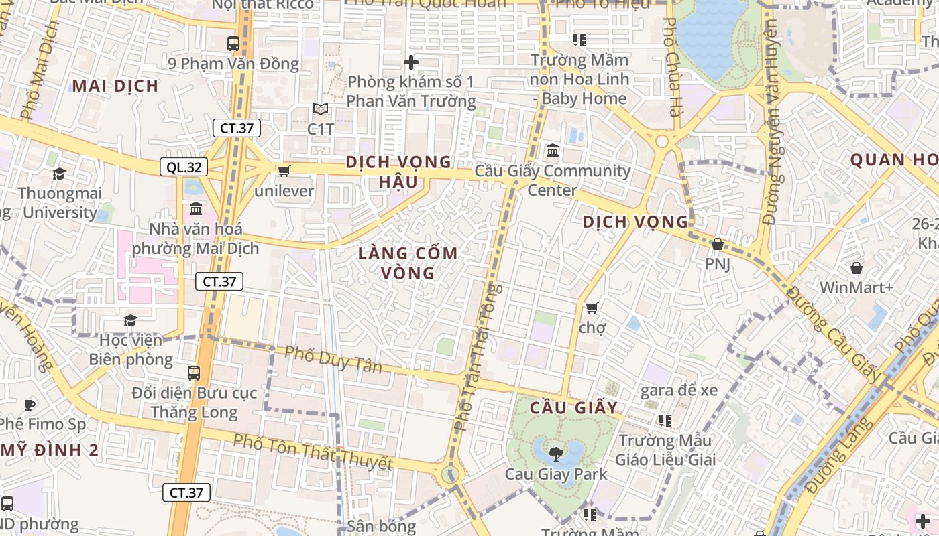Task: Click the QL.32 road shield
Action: [183, 167]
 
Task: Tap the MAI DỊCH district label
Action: [115, 86]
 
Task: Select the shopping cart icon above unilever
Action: [284, 172]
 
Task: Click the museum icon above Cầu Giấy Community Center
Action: [552, 151]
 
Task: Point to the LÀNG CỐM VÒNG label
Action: [408, 263]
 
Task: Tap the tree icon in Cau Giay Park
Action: [556, 454]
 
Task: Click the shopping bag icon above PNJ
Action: [718, 245]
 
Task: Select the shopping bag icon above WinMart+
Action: [857, 269]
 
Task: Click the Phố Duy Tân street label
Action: [333, 360]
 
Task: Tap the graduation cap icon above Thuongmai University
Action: [60, 174]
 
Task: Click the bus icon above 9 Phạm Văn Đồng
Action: [233, 44]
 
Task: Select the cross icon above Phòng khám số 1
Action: [411, 63]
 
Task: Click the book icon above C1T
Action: [321, 109]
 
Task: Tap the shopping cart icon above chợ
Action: [592, 308]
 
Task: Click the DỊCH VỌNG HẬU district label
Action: [398, 172]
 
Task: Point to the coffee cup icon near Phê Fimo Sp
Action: [29, 405]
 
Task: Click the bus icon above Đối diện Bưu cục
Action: [194, 373]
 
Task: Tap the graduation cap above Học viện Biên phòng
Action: [130, 321]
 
